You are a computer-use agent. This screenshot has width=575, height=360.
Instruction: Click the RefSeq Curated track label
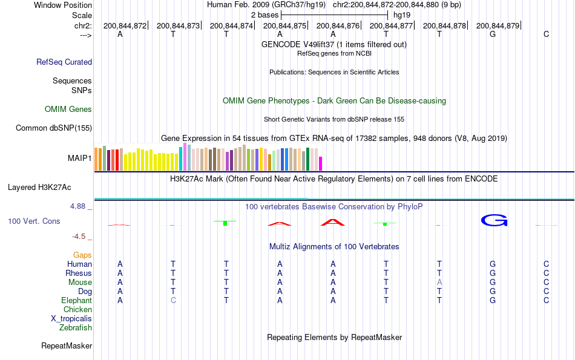[x=64, y=62]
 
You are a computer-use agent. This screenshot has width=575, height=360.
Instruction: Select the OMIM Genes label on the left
[x=68, y=110]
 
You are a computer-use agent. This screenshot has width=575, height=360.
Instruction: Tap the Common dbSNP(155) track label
[x=54, y=128]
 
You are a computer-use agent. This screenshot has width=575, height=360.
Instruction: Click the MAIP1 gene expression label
[x=80, y=159]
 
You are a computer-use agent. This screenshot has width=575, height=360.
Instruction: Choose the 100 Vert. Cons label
[x=34, y=221]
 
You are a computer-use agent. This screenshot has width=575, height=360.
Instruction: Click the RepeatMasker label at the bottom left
[x=67, y=346]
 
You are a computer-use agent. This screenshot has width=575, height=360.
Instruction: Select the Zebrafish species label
[x=76, y=328]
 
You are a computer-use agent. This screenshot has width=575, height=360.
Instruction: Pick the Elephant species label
[x=76, y=301]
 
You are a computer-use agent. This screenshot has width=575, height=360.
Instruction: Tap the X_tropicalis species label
[x=71, y=319]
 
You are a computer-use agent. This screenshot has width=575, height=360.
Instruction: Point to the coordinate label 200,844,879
[x=498, y=26]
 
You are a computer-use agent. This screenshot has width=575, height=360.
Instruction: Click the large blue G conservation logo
[x=493, y=220]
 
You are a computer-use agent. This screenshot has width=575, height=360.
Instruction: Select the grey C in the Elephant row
[x=174, y=301]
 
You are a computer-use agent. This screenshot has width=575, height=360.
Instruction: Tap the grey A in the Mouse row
[x=440, y=283]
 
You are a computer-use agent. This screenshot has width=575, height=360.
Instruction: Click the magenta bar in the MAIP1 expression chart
[x=321, y=163]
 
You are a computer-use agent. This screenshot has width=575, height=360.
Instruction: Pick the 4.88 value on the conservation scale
[x=78, y=206]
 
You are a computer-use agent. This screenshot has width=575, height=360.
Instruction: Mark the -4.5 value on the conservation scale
[x=79, y=237]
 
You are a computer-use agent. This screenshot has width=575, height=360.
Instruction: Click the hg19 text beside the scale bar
[x=401, y=15]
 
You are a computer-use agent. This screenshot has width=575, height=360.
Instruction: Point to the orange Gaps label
[x=82, y=255]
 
